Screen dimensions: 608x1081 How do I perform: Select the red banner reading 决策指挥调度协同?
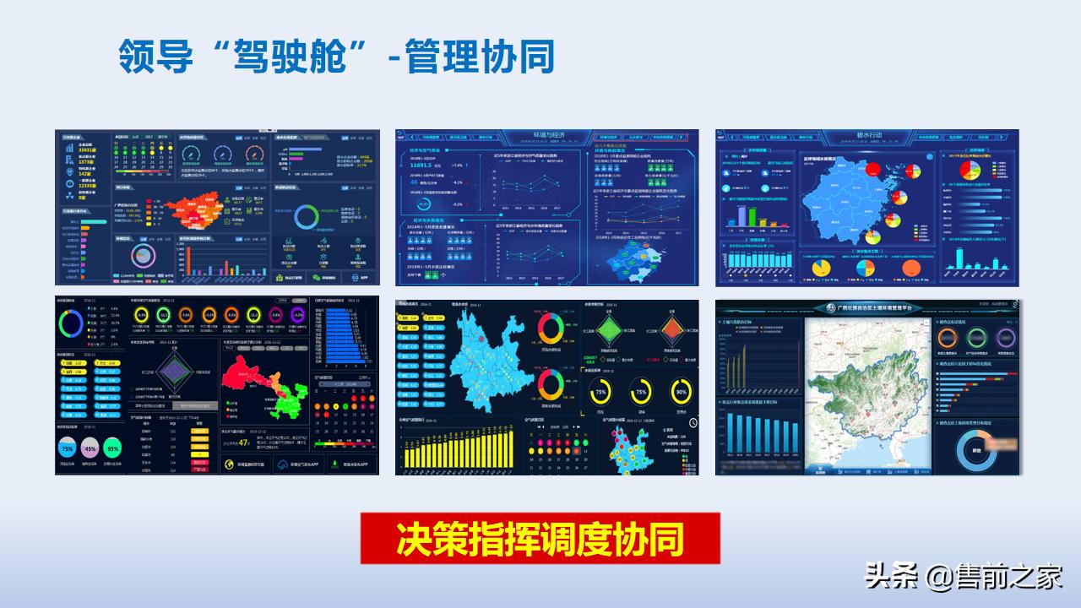pyautogui.click(x=540, y=539)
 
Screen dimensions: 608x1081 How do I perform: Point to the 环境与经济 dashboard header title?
pyautogui.click(x=547, y=135)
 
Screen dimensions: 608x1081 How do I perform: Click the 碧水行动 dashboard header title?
pyautogui.click(x=867, y=135)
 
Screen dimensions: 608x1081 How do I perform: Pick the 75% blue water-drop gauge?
pyautogui.click(x=67, y=449)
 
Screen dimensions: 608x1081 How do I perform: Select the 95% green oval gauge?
pyautogui.click(x=112, y=449)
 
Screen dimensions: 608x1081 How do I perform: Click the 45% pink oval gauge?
pyautogui.click(x=90, y=449)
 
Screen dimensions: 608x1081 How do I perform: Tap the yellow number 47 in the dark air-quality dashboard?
pyautogui.click(x=243, y=441)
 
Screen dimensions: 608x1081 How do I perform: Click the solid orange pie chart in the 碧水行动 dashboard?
pyautogui.click(x=910, y=268)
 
